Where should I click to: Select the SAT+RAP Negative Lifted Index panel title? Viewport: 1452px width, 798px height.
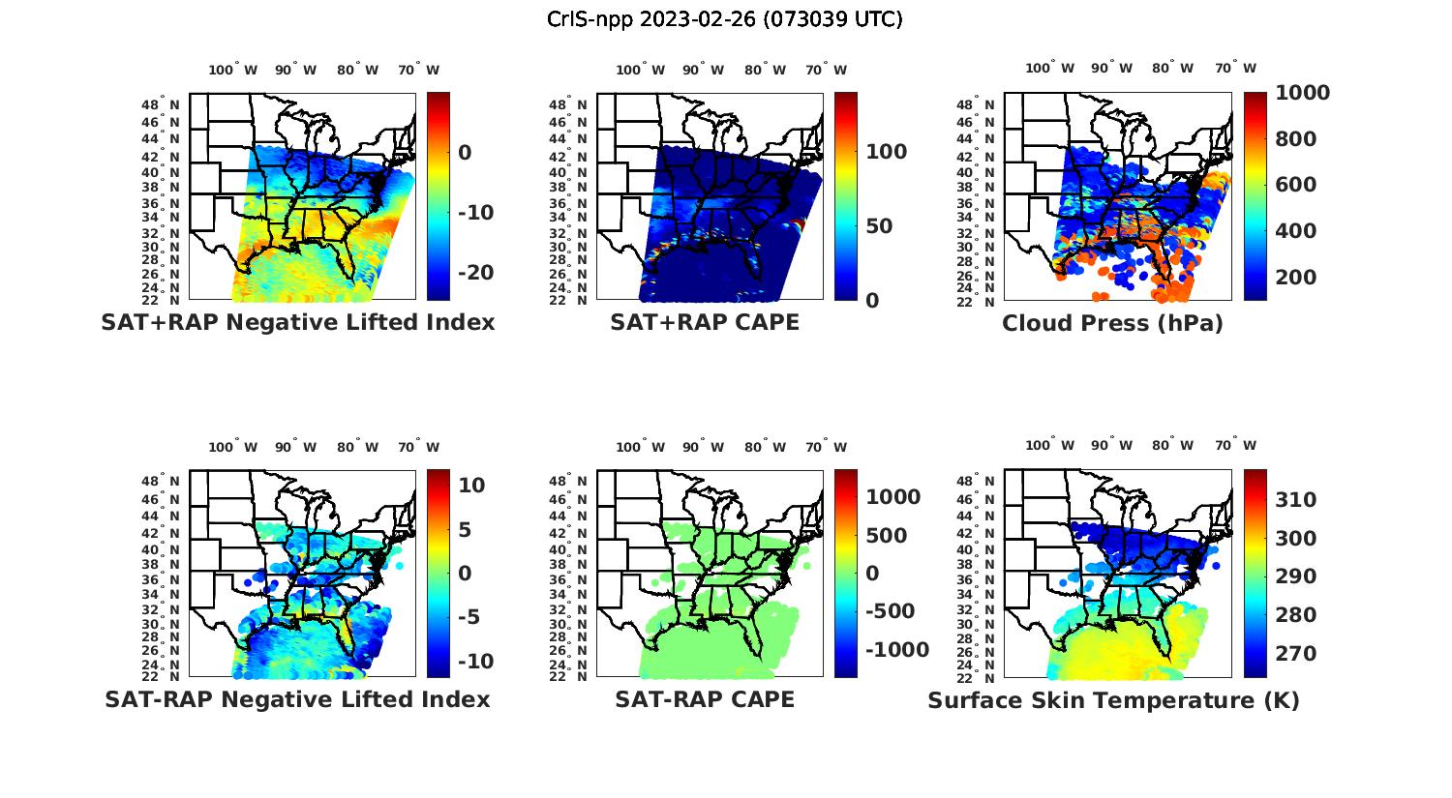(x=297, y=322)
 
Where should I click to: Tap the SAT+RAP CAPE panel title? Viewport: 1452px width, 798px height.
(x=705, y=322)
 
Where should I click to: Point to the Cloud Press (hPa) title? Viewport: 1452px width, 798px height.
(x=1112, y=323)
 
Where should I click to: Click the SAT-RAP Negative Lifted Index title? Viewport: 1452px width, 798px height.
(x=297, y=699)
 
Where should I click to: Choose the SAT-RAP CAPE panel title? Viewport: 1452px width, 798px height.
(x=705, y=699)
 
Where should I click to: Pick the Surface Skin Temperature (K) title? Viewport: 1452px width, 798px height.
(x=1113, y=700)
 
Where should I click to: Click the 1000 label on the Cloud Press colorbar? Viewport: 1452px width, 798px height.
(x=1302, y=93)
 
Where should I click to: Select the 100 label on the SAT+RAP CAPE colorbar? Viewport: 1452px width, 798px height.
(x=886, y=152)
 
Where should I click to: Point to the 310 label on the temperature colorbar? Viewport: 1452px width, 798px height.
(x=1294, y=499)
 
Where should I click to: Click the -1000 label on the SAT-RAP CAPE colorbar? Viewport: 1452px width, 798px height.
(x=896, y=650)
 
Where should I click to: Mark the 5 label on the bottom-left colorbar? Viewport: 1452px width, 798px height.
(x=465, y=529)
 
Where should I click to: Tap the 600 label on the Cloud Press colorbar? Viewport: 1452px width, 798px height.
(x=1294, y=185)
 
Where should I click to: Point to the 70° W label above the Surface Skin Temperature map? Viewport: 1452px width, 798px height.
(x=1236, y=446)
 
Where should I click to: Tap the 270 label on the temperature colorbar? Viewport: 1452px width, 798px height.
(x=1294, y=654)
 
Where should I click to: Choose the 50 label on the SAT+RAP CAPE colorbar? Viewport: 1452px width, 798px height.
(x=879, y=226)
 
